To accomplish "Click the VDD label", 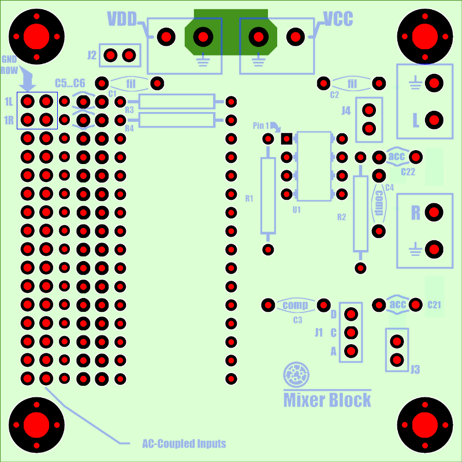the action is tap(122, 19).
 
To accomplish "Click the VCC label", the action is tap(338, 19).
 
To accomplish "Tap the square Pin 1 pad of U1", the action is tap(286, 139).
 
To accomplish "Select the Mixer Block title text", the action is tap(327, 400).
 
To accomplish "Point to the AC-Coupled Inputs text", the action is tap(184, 444).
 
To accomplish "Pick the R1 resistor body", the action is tap(268, 196).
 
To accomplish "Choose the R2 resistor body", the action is tap(360, 214).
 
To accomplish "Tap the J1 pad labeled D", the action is tap(351, 314).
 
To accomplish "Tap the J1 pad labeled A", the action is tap(351, 351).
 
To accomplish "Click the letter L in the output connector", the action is tap(416, 120).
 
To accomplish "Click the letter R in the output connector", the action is tap(415, 213).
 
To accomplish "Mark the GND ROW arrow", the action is tap(27, 78).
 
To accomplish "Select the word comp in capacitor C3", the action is tap(296, 305).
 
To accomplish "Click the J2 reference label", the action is tap(92, 55).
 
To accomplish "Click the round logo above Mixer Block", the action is tap(296, 374).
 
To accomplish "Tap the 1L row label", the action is tap(9, 102).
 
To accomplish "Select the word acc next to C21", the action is tap(398, 304).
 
